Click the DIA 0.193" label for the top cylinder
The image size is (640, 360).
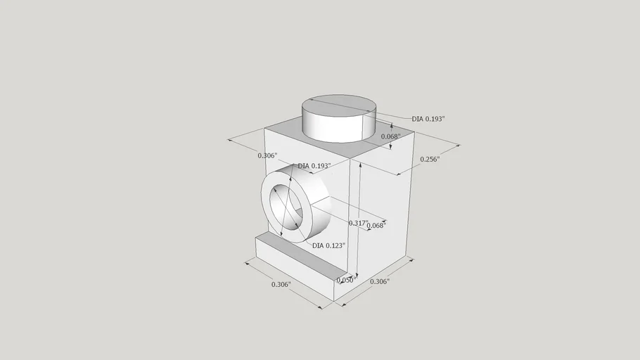click(x=428, y=119)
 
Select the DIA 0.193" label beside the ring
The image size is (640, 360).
click(x=314, y=166)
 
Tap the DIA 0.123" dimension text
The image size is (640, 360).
click(x=328, y=245)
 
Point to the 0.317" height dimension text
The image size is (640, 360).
click(x=358, y=223)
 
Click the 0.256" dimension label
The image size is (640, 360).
click(x=430, y=159)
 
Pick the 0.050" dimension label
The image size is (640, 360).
click(x=347, y=280)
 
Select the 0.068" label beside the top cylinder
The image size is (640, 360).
click(x=390, y=136)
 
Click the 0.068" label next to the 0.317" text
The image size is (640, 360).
click(x=376, y=225)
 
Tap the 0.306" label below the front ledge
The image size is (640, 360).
click(x=281, y=284)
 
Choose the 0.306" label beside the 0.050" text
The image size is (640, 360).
click(x=380, y=281)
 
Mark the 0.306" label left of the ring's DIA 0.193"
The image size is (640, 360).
click(x=267, y=155)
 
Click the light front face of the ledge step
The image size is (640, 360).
click(x=294, y=269)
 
